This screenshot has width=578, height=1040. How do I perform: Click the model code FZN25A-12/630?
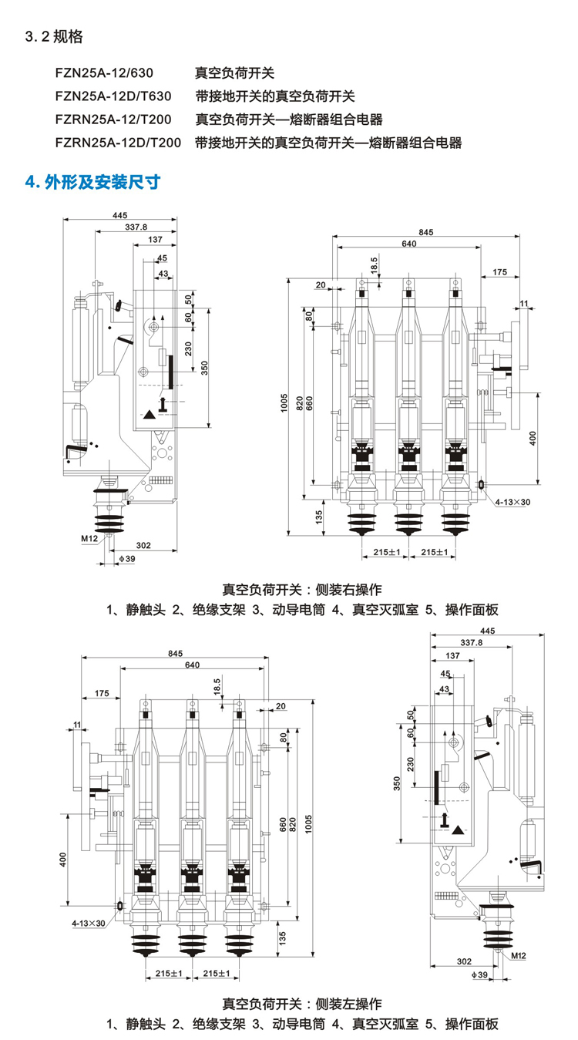[x=104, y=73]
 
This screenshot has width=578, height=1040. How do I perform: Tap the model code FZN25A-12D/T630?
[x=113, y=96]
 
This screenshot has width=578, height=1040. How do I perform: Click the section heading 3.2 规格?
[x=54, y=37]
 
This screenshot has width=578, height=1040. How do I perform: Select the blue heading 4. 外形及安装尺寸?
[x=93, y=182]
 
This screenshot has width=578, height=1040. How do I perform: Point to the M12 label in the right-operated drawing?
[x=89, y=538]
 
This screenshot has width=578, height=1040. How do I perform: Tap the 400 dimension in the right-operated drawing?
[x=533, y=437]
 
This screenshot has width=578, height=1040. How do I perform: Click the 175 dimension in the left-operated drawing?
[x=101, y=694]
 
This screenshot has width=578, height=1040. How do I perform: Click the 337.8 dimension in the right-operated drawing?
[x=136, y=227]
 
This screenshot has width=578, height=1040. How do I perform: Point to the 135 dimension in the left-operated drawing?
[x=283, y=937]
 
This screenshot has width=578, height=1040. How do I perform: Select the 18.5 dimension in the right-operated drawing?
[x=374, y=264]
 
